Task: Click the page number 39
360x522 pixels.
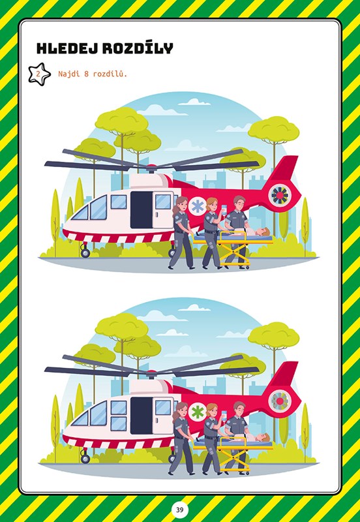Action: pyautogui.click(x=180, y=510)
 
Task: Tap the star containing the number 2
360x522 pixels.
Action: pyautogui.click(x=39, y=74)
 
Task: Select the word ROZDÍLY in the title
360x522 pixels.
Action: pyautogui.click(x=138, y=48)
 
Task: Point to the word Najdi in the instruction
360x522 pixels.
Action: pyautogui.click(x=69, y=74)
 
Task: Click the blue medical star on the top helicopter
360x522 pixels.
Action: pyautogui.click(x=197, y=206)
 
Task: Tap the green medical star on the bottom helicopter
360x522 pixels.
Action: pyautogui.click(x=197, y=412)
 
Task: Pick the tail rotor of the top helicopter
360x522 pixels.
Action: pyautogui.click(x=280, y=195)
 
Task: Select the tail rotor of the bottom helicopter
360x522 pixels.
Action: pyautogui.click(x=280, y=401)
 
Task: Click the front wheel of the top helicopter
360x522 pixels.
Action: pyautogui.click(x=85, y=253)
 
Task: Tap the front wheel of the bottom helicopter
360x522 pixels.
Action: pyautogui.click(x=85, y=459)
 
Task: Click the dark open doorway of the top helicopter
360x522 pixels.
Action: pyautogui.click(x=141, y=209)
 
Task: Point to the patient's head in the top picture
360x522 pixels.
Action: pyautogui.click(x=265, y=231)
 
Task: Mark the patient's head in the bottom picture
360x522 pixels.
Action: pyautogui.click(x=265, y=437)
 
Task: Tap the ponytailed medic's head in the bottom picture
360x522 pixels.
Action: pyautogui.click(x=181, y=408)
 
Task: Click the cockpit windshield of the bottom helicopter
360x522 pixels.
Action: pyautogui.click(x=89, y=414)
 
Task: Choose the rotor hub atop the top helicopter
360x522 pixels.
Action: pyautogui.click(x=151, y=168)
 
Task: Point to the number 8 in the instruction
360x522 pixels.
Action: pyautogui.click(x=86, y=74)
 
